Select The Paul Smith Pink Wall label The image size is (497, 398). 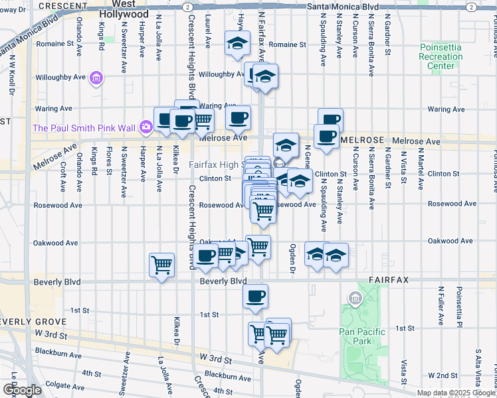pos(82,127)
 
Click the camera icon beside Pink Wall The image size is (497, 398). pos(145,127)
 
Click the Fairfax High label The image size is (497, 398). pos(215,165)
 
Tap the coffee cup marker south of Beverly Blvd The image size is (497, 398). pos(255,297)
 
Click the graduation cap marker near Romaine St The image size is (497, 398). pos(236,43)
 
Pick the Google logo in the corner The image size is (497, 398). pos(22,390)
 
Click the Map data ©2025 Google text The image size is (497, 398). pos(456,393)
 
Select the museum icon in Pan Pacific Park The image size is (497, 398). pos(356,300)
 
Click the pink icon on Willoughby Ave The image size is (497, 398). pos(97,78)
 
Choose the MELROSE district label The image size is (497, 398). pos(362,141)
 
